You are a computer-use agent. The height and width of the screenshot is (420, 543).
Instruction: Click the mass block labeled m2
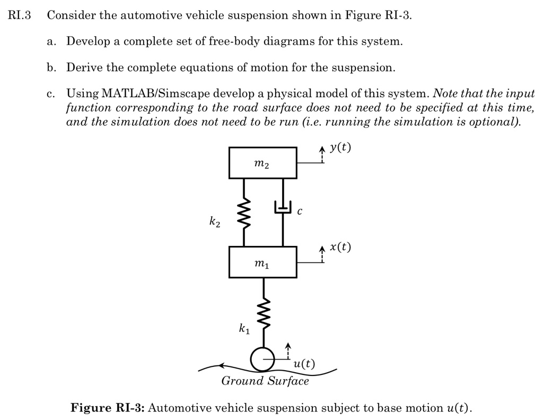click(x=263, y=163)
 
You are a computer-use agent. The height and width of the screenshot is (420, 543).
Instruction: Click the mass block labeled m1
click(x=263, y=262)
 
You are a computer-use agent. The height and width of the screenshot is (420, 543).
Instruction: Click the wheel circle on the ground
click(x=262, y=359)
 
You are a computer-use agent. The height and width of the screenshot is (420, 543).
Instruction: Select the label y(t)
click(x=339, y=148)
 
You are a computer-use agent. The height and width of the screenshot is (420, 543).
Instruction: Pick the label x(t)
click(x=339, y=247)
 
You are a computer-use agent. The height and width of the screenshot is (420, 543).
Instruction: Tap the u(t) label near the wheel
click(x=304, y=364)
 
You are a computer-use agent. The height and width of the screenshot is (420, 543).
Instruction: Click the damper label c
click(x=300, y=211)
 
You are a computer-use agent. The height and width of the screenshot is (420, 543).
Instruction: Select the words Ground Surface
click(x=265, y=381)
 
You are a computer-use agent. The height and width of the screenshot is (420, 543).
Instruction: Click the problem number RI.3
click(x=20, y=15)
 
